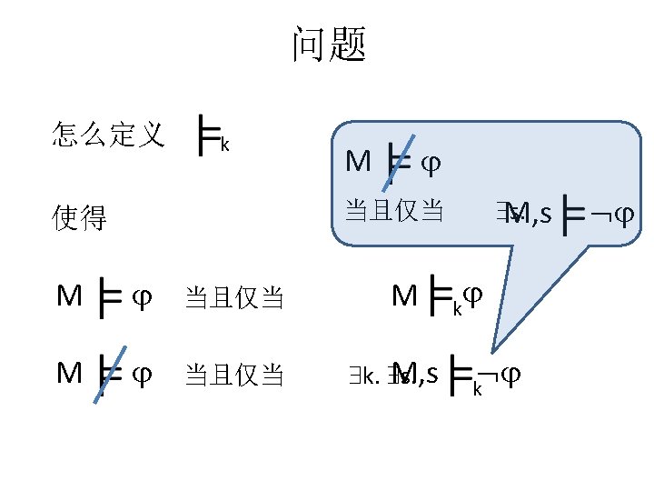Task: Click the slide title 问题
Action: (328, 45)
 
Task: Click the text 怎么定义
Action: (108, 136)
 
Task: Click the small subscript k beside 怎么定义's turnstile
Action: (224, 145)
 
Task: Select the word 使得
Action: (80, 218)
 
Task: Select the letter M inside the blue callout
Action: (358, 162)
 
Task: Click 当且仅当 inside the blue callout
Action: (394, 211)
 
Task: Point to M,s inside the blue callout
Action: (530, 215)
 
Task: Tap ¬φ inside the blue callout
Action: (610, 215)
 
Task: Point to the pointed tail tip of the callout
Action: (494, 351)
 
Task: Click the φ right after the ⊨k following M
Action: (472, 296)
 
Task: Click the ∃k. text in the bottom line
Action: (362, 376)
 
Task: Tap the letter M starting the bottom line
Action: (69, 373)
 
